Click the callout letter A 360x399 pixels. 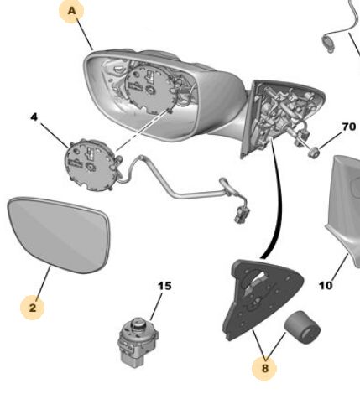coord(72,11)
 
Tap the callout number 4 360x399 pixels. coord(34,117)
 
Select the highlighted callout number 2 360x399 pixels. coord(33,308)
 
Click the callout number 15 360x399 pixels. coord(164,286)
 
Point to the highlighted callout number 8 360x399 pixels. coord(264,368)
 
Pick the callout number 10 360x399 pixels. coord(326,285)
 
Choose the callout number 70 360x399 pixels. coord(349,127)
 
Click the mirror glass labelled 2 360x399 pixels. coord(59,235)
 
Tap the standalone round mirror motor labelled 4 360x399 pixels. coord(91,165)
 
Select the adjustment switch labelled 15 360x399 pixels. coord(138,343)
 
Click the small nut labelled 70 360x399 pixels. coord(314,153)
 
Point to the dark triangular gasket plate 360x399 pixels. coord(263,299)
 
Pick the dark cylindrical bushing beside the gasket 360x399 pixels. coord(302,327)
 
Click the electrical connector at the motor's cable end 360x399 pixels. coord(241,216)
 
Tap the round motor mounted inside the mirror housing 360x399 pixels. coord(152,90)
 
